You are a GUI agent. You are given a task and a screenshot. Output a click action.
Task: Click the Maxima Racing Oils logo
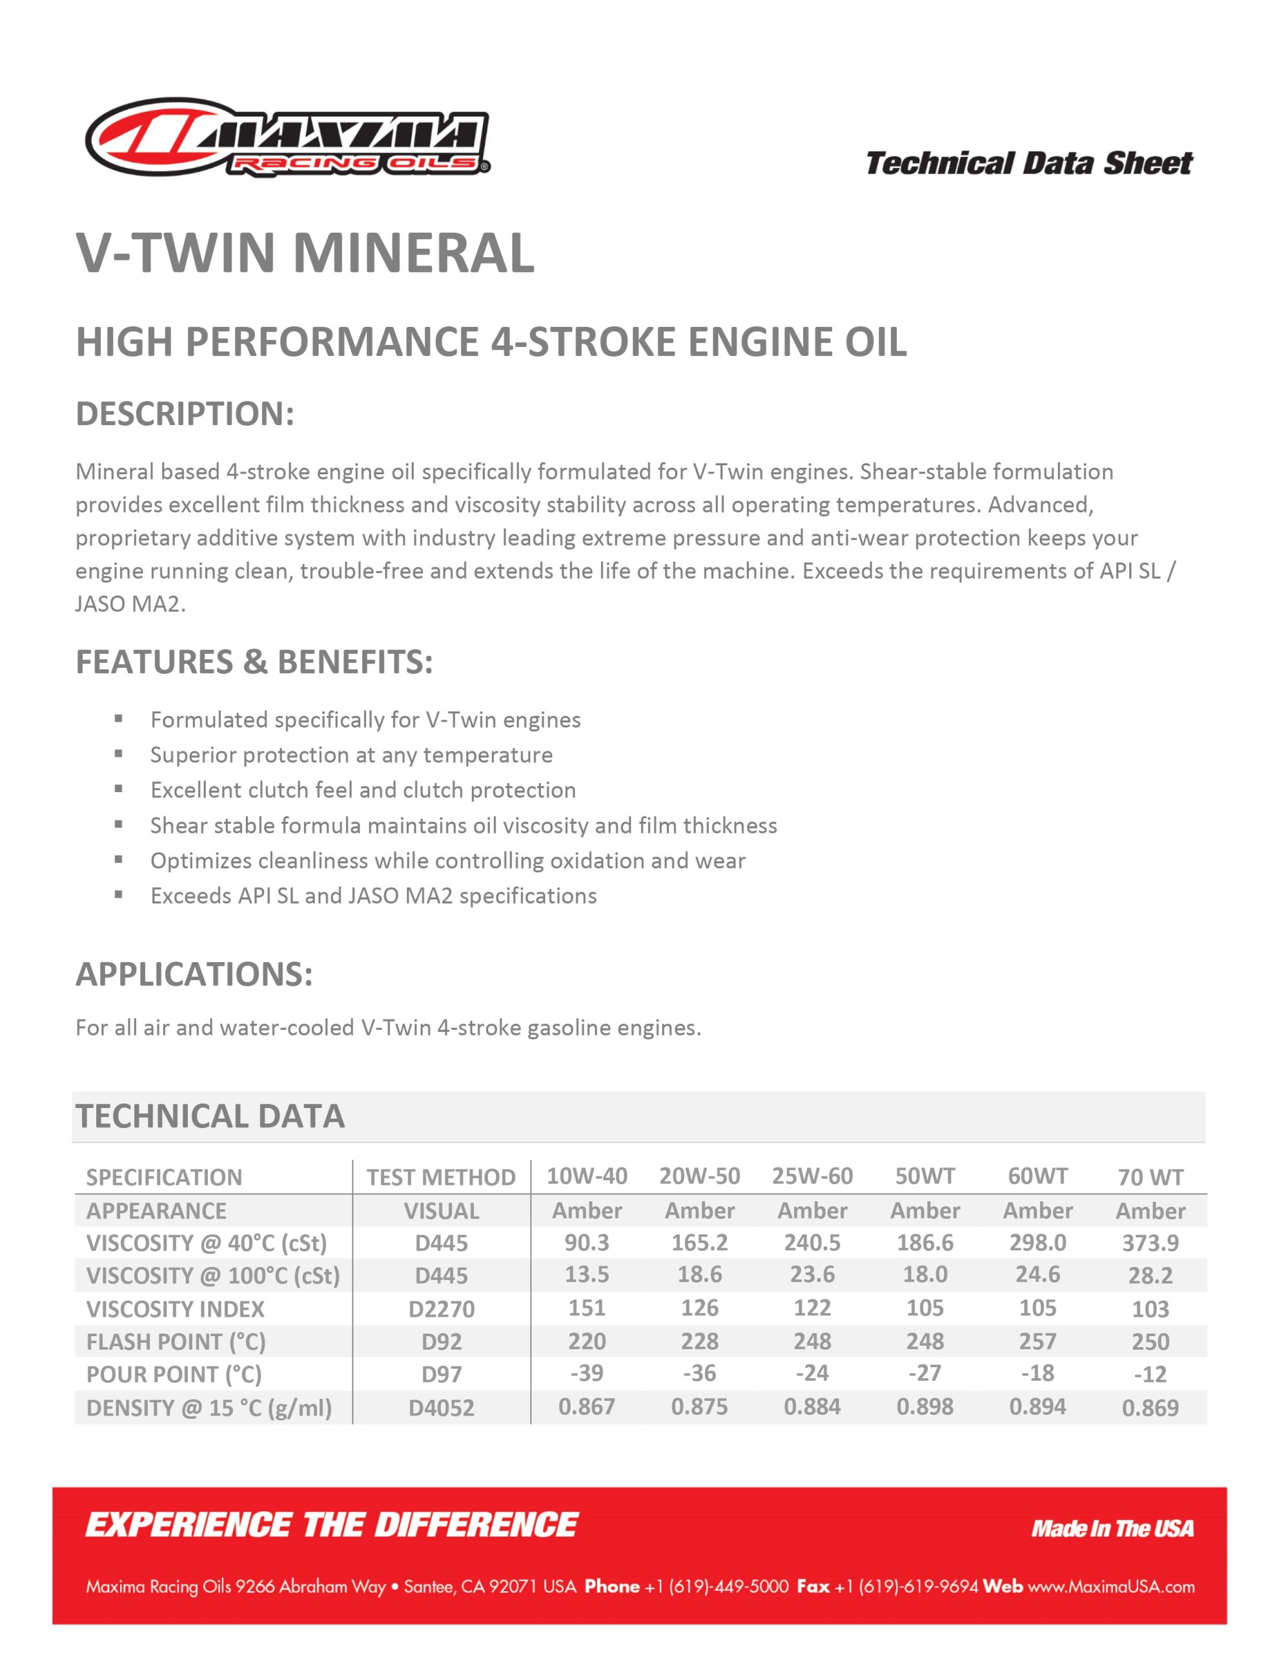(x=288, y=137)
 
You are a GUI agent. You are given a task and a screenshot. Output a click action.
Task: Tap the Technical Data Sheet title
(x=1028, y=163)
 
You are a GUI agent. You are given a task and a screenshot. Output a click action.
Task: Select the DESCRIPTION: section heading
(x=185, y=413)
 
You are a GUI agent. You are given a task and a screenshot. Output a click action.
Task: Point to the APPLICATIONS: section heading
(x=194, y=974)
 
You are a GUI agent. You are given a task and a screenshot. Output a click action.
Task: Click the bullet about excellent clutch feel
(x=363, y=790)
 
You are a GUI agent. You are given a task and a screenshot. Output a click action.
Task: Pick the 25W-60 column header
(x=812, y=1176)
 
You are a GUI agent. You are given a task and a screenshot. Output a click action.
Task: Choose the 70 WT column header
(x=1150, y=1178)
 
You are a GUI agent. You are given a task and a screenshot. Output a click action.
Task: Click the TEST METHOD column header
(x=442, y=1178)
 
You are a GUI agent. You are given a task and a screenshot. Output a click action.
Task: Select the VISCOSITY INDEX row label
(x=175, y=1308)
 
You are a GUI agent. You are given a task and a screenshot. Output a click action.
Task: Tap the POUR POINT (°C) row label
(x=174, y=1374)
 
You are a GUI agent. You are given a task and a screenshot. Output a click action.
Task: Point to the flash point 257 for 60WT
(x=1037, y=1341)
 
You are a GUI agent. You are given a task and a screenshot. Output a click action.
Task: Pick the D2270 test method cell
(x=442, y=1308)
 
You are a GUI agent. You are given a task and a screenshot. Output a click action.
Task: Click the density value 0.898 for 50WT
(x=925, y=1407)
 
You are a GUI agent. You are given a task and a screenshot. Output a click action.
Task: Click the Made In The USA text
(x=1112, y=1528)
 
